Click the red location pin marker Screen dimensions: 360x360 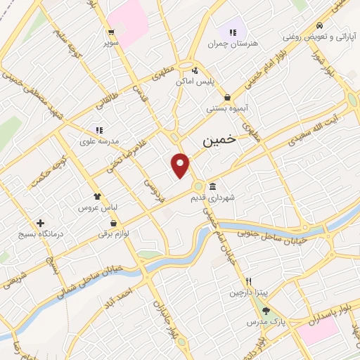pyautogui.click(x=181, y=164)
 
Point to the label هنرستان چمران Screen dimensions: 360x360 pyautogui.click(x=233, y=44)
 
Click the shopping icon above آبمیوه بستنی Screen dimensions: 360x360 pyautogui.click(x=227, y=98)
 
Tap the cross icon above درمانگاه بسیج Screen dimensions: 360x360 pyautogui.click(x=40, y=222)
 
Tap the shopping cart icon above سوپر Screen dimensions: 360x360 pyautogui.click(x=111, y=32)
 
